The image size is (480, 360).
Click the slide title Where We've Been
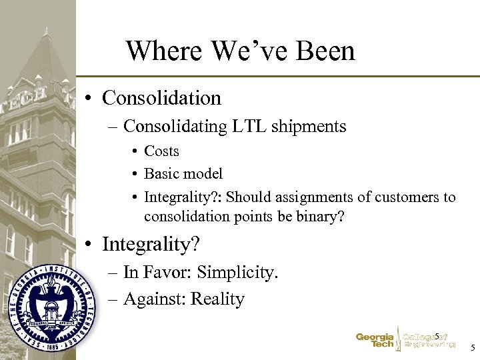coord(240,51)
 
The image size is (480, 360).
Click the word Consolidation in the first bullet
coord(161,98)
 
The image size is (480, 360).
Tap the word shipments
coord(309,126)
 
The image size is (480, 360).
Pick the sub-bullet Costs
coord(161,151)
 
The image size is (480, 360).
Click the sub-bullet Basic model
coord(183,174)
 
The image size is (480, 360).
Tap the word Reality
coord(217,299)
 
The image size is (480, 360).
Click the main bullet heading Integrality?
coord(151,245)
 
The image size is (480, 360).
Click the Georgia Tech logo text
coord(375,341)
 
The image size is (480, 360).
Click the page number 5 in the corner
coord(472,348)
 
